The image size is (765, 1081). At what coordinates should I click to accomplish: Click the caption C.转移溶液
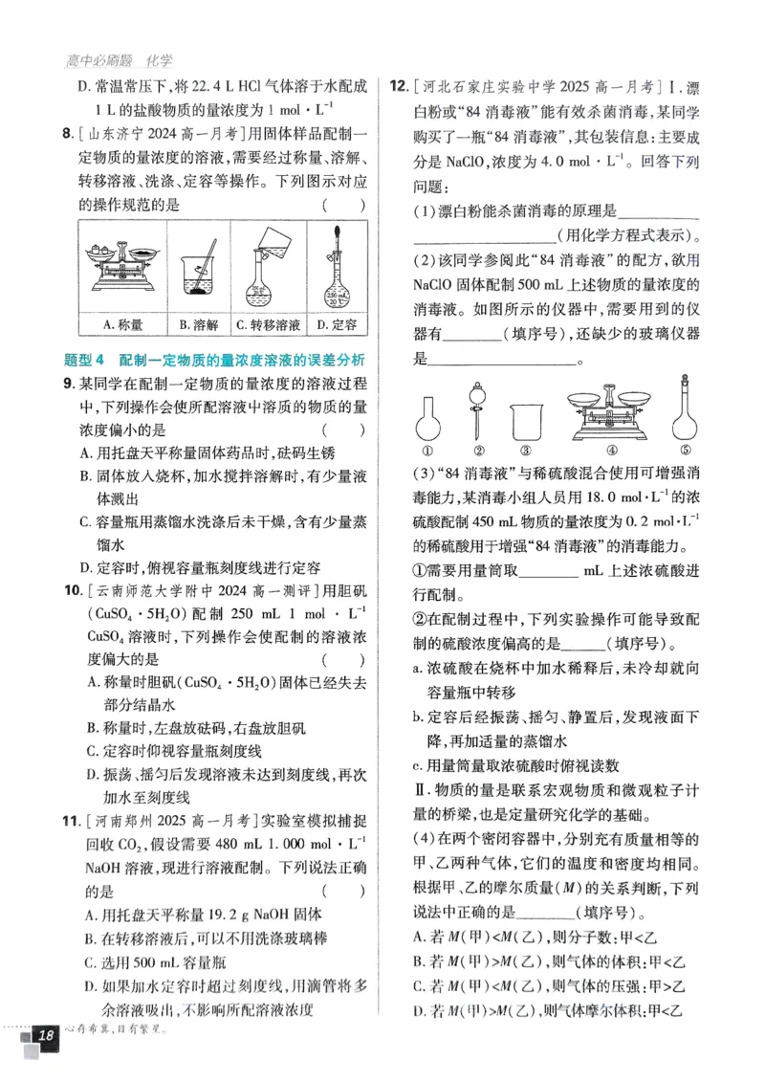(x=269, y=325)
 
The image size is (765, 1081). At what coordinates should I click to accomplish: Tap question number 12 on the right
(x=399, y=87)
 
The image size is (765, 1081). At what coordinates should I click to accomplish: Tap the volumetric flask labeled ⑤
(x=684, y=411)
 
